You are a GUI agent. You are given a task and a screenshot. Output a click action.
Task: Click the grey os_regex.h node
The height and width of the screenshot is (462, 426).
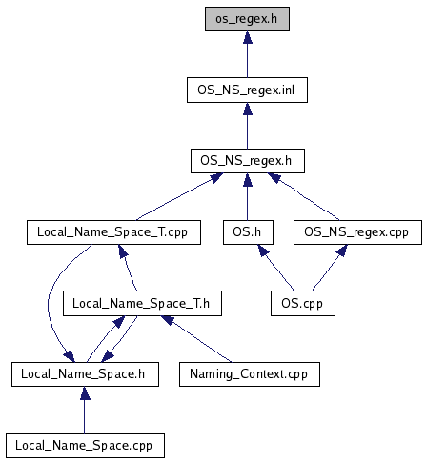[247, 19]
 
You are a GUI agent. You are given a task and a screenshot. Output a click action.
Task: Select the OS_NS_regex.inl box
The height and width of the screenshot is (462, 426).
[247, 90]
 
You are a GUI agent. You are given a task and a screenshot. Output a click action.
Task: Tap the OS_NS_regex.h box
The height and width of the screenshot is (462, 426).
[248, 161]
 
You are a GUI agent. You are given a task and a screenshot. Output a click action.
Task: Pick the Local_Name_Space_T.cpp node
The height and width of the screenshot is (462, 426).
[113, 232]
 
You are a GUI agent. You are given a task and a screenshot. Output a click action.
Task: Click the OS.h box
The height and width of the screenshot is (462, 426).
[248, 232]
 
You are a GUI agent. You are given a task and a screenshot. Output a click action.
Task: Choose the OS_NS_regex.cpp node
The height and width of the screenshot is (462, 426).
[357, 232]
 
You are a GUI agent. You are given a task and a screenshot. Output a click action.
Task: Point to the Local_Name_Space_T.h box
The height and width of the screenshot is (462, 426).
[142, 303]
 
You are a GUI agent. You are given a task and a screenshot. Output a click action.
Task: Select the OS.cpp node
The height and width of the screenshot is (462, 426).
[303, 303]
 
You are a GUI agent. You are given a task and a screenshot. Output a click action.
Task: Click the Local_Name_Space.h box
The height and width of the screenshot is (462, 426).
[85, 374]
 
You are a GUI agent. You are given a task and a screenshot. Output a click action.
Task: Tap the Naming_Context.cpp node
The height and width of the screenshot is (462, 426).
[250, 374]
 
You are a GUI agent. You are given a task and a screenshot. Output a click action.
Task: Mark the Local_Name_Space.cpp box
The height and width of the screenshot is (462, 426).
[85, 446]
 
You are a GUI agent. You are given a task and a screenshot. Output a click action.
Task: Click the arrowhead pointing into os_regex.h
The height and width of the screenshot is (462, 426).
[248, 37]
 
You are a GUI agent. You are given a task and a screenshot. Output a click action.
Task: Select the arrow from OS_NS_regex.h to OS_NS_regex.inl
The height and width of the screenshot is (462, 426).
[248, 126]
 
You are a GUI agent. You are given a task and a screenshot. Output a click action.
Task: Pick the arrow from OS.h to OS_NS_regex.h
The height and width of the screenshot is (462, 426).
[248, 197]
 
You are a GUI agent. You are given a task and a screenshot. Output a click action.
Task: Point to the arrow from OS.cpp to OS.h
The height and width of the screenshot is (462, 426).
[275, 268]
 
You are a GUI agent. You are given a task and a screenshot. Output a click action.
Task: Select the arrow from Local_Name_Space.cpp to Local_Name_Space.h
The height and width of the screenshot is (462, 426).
[85, 410]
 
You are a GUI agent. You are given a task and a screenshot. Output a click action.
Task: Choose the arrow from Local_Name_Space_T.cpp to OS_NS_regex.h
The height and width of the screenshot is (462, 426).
[179, 197]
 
